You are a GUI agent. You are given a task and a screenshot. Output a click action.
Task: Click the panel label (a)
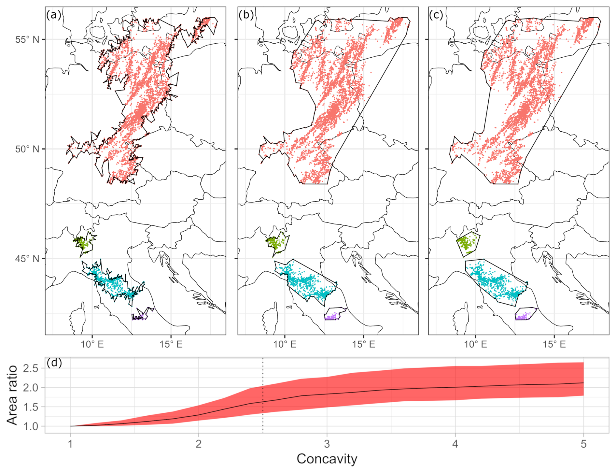(54, 15)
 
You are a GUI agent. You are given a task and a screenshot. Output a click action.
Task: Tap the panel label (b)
(246, 15)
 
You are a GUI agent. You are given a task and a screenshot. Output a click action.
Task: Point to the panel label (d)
(54, 363)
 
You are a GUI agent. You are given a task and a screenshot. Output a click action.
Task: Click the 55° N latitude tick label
(27, 40)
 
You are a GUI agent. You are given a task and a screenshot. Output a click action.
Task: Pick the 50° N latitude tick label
(27, 149)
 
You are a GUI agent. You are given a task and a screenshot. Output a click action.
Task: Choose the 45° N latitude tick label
(27, 259)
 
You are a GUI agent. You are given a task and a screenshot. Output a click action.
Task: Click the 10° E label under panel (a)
(92, 344)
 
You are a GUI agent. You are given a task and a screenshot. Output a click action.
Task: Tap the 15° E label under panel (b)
(364, 344)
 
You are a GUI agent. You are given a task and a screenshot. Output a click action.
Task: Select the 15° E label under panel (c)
(554, 344)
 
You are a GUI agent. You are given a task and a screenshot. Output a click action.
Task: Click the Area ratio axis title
(12, 395)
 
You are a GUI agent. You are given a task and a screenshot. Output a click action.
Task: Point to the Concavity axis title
(327, 459)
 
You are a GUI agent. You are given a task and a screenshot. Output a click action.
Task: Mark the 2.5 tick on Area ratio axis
(31, 368)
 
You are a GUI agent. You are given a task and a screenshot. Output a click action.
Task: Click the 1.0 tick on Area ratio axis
(31, 426)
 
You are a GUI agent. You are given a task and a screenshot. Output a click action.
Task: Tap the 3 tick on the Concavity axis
(327, 444)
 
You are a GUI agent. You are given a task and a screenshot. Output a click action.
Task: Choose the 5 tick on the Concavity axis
(583, 444)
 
